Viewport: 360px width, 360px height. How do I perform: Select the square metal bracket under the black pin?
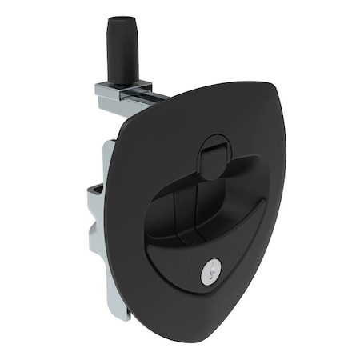click(125, 90)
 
